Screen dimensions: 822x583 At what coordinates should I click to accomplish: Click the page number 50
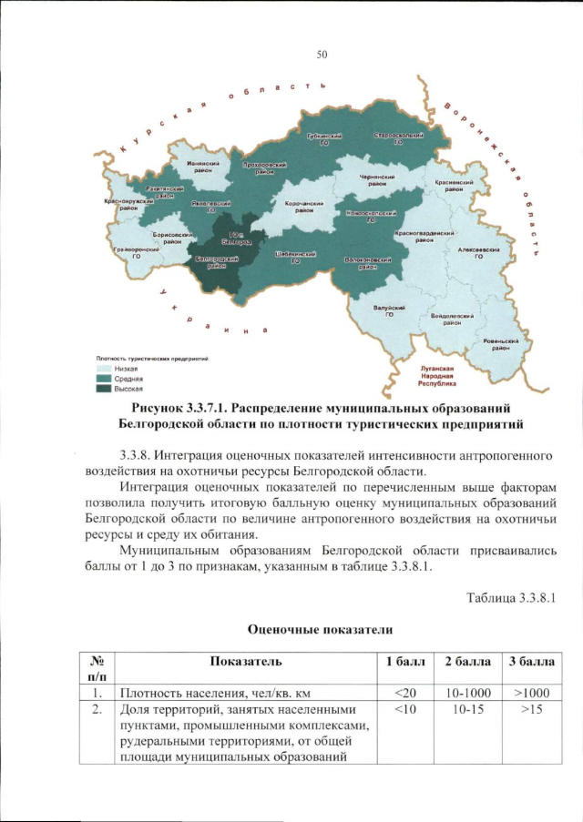tap(322, 55)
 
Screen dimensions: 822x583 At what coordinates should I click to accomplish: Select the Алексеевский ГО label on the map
tap(477, 251)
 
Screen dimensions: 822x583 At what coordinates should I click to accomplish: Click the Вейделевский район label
tap(452, 319)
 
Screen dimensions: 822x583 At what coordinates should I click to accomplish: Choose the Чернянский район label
tap(376, 180)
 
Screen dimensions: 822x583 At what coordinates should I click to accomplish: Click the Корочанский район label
tap(300, 207)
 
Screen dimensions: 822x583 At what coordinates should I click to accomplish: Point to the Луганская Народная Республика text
tap(436, 377)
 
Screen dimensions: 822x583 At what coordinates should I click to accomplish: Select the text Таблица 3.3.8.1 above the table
tap(510, 597)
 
